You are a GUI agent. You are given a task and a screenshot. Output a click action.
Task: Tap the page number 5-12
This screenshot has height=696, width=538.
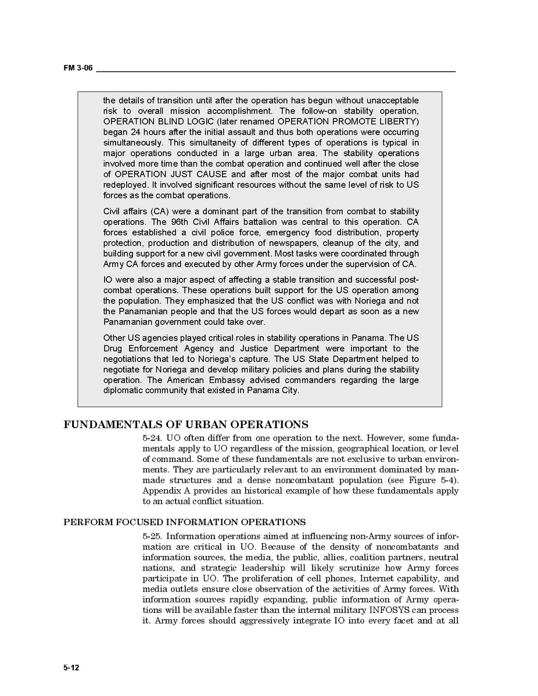(71, 668)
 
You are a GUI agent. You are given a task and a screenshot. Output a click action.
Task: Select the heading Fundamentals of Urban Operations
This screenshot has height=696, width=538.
(185, 425)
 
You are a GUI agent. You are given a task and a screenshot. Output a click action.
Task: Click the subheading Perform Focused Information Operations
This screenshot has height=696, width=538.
(184, 522)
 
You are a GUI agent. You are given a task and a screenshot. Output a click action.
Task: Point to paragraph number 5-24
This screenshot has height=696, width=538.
(152, 438)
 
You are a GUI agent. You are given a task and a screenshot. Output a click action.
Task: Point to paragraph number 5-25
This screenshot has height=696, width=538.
(152, 536)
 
